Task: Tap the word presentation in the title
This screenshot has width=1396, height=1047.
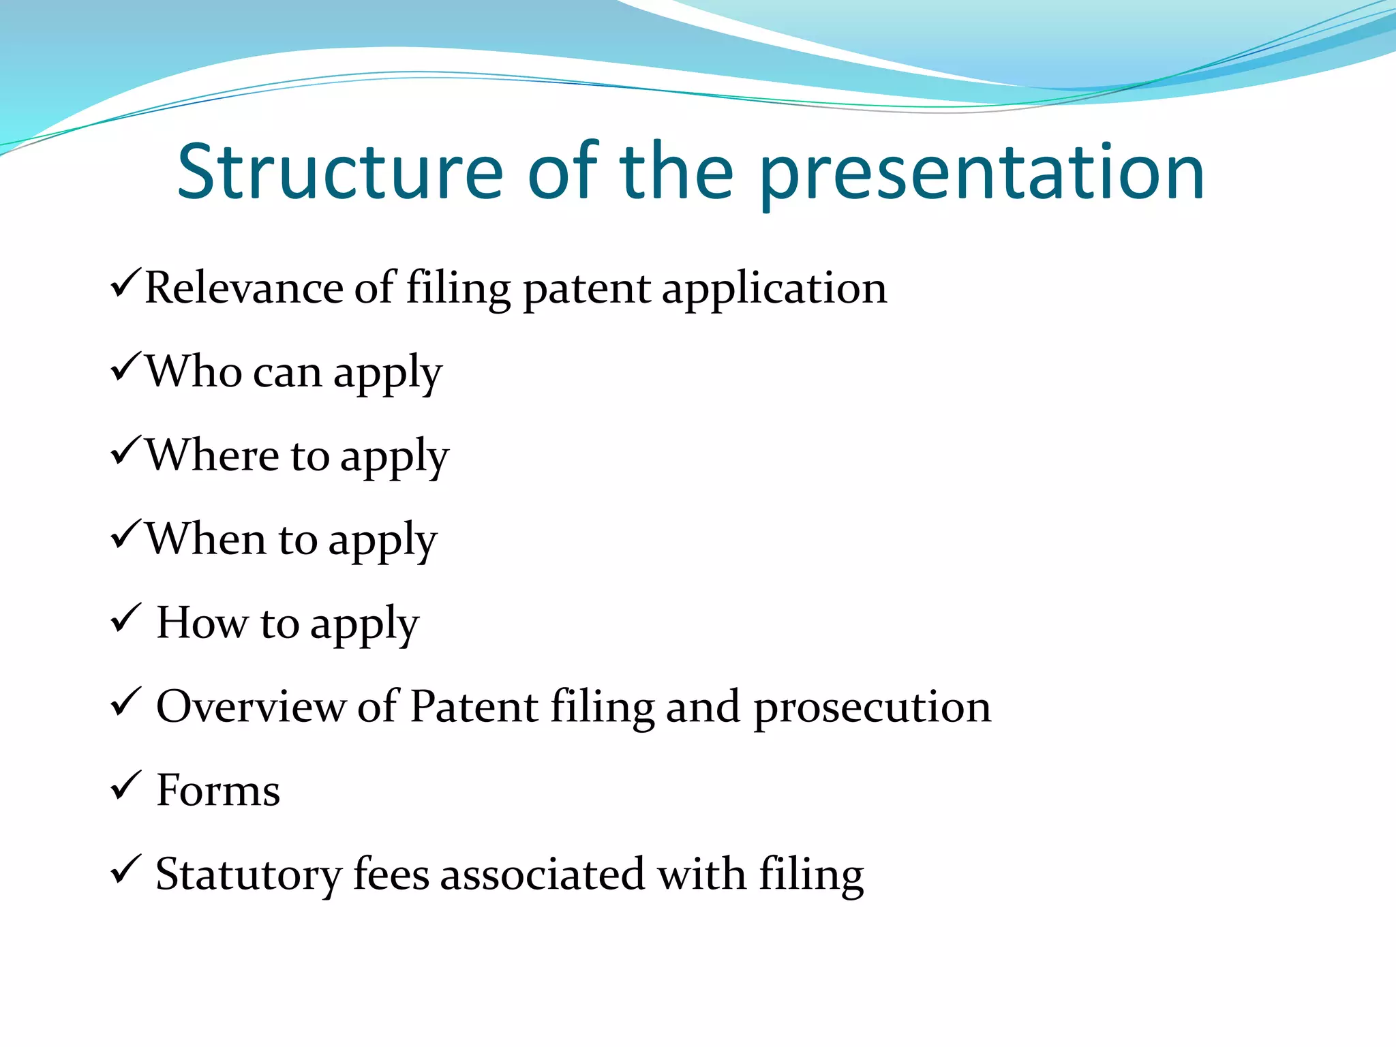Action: pyautogui.click(x=982, y=174)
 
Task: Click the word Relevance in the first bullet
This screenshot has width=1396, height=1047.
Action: pyautogui.click(x=243, y=288)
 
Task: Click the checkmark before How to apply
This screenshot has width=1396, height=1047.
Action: pyautogui.click(x=125, y=618)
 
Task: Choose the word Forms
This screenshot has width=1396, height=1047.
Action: pyautogui.click(x=218, y=791)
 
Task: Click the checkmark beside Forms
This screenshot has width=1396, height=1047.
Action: pyautogui.click(x=125, y=785)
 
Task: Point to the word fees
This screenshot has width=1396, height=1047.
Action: pyautogui.click(x=391, y=874)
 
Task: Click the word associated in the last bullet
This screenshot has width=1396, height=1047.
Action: pyautogui.click(x=542, y=874)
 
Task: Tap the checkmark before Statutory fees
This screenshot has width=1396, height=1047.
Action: pyautogui.click(x=125, y=869)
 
